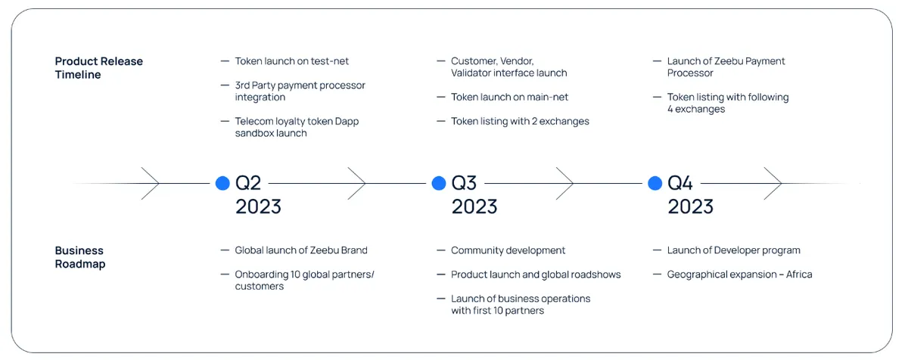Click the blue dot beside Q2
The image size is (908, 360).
[x=222, y=183]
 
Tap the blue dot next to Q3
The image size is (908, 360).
[x=439, y=183]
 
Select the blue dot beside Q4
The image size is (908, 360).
[x=655, y=183]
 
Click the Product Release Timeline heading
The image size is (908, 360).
[x=99, y=67]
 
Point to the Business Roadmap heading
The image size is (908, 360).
[x=80, y=256]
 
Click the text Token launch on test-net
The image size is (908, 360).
[x=291, y=61]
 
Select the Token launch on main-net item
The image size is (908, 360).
[x=509, y=98]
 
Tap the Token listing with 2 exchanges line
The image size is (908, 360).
[x=520, y=121]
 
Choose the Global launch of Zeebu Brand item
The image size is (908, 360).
[x=301, y=250]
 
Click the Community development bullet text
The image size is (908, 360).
[x=508, y=250]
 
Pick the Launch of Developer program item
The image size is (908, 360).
[x=734, y=250]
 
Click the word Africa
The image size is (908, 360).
[x=799, y=274]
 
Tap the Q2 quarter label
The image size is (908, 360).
[x=248, y=183]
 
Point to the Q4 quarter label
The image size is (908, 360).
[x=680, y=183]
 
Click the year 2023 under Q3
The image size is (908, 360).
[x=474, y=206]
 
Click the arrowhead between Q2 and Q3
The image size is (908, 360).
[x=357, y=183]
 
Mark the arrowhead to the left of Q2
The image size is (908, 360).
[x=151, y=183]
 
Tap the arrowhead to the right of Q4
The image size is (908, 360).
[x=773, y=183]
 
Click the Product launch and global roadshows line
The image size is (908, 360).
[x=536, y=275]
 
